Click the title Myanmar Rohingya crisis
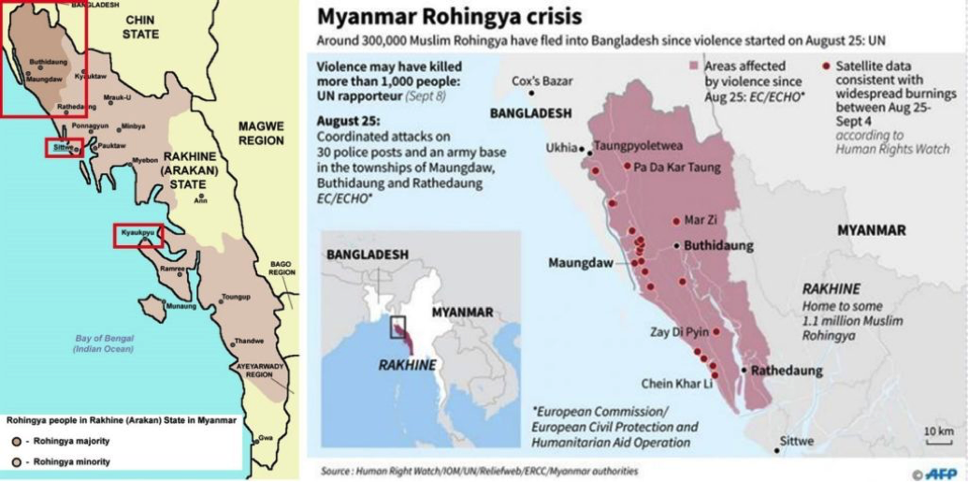pos(448,18)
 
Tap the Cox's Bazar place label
pos(542,81)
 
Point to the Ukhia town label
pos(562,147)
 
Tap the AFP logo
pos(936,473)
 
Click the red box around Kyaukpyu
pos(138,235)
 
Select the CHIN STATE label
pos(140,27)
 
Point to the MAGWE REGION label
pos(259,133)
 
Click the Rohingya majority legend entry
pos(60,440)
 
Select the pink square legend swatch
pos(694,66)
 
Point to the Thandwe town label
pos(248,341)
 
